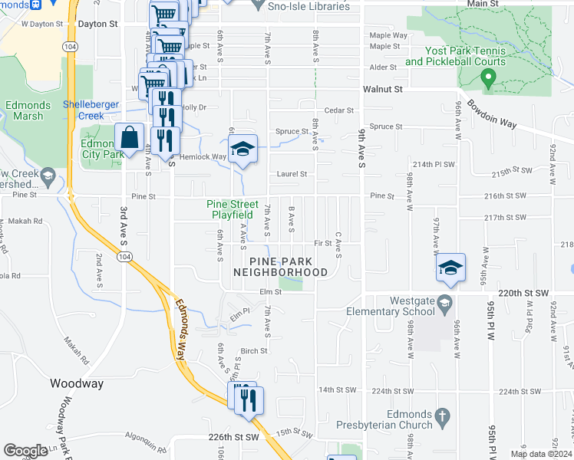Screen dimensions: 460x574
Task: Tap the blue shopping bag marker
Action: click(x=130, y=139)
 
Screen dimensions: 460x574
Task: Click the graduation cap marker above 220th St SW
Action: click(x=450, y=267)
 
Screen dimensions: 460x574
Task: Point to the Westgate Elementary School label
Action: click(x=391, y=307)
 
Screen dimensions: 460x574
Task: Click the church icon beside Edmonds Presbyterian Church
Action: click(x=441, y=416)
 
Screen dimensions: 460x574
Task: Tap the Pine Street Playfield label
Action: click(x=233, y=209)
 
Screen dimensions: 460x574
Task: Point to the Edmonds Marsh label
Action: click(x=28, y=110)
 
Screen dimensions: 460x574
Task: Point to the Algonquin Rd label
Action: click(x=143, y=446)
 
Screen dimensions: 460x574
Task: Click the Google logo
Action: click(x=26, y=452)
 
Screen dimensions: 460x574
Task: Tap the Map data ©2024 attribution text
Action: click(x=540, y=454)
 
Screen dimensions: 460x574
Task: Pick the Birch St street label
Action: click(x=253, y=351)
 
